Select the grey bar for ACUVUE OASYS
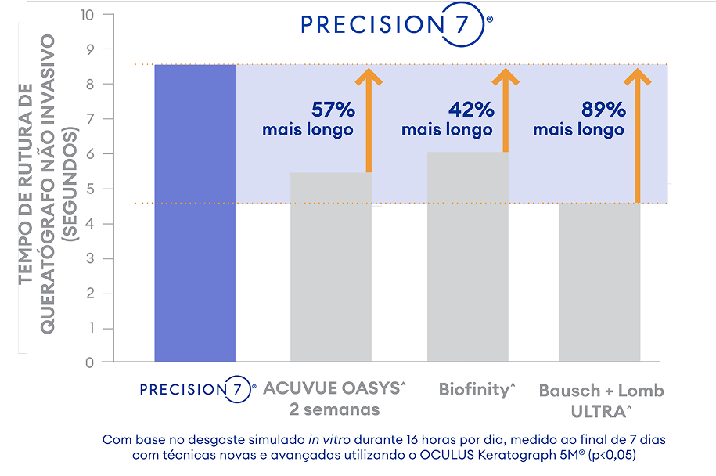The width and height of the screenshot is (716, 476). [331, 267]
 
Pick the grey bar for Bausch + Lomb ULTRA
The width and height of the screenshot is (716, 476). [600, 283]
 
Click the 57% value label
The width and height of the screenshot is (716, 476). [333, 110]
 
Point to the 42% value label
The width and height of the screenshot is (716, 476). [470, 110]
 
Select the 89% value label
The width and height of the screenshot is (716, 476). [603, 110]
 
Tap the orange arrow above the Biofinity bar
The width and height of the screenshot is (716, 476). [505, 110]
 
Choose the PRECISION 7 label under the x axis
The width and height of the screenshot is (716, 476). [197, 389]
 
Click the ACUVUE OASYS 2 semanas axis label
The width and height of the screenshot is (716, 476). [334, 398]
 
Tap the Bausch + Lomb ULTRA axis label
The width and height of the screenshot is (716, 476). [601, 399]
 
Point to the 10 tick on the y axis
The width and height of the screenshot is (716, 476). [86, 15]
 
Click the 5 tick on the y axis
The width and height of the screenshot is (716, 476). [90, 189]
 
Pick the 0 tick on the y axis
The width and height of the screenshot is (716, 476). [90, 362]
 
